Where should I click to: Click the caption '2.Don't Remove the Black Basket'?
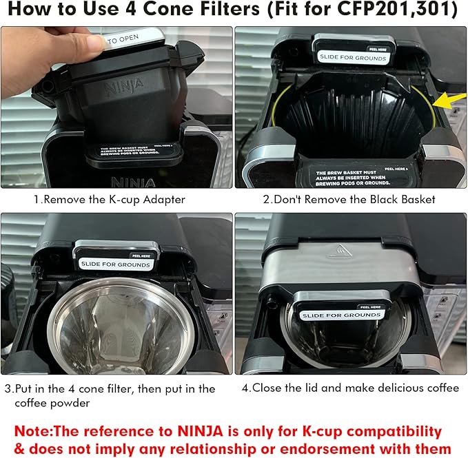pyautogui.click(x=350, y=200)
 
